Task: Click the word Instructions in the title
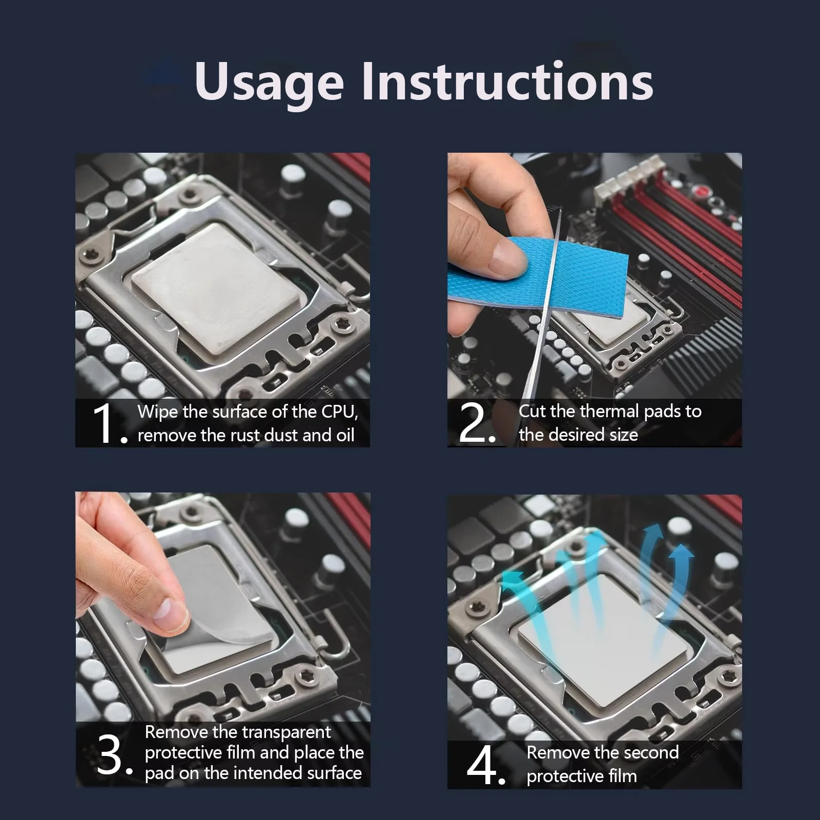[x=507, y=80]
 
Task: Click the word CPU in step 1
[x=339, y=412]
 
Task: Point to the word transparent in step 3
[x=290, y=732]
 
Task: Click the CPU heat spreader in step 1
[x=215, y=289]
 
